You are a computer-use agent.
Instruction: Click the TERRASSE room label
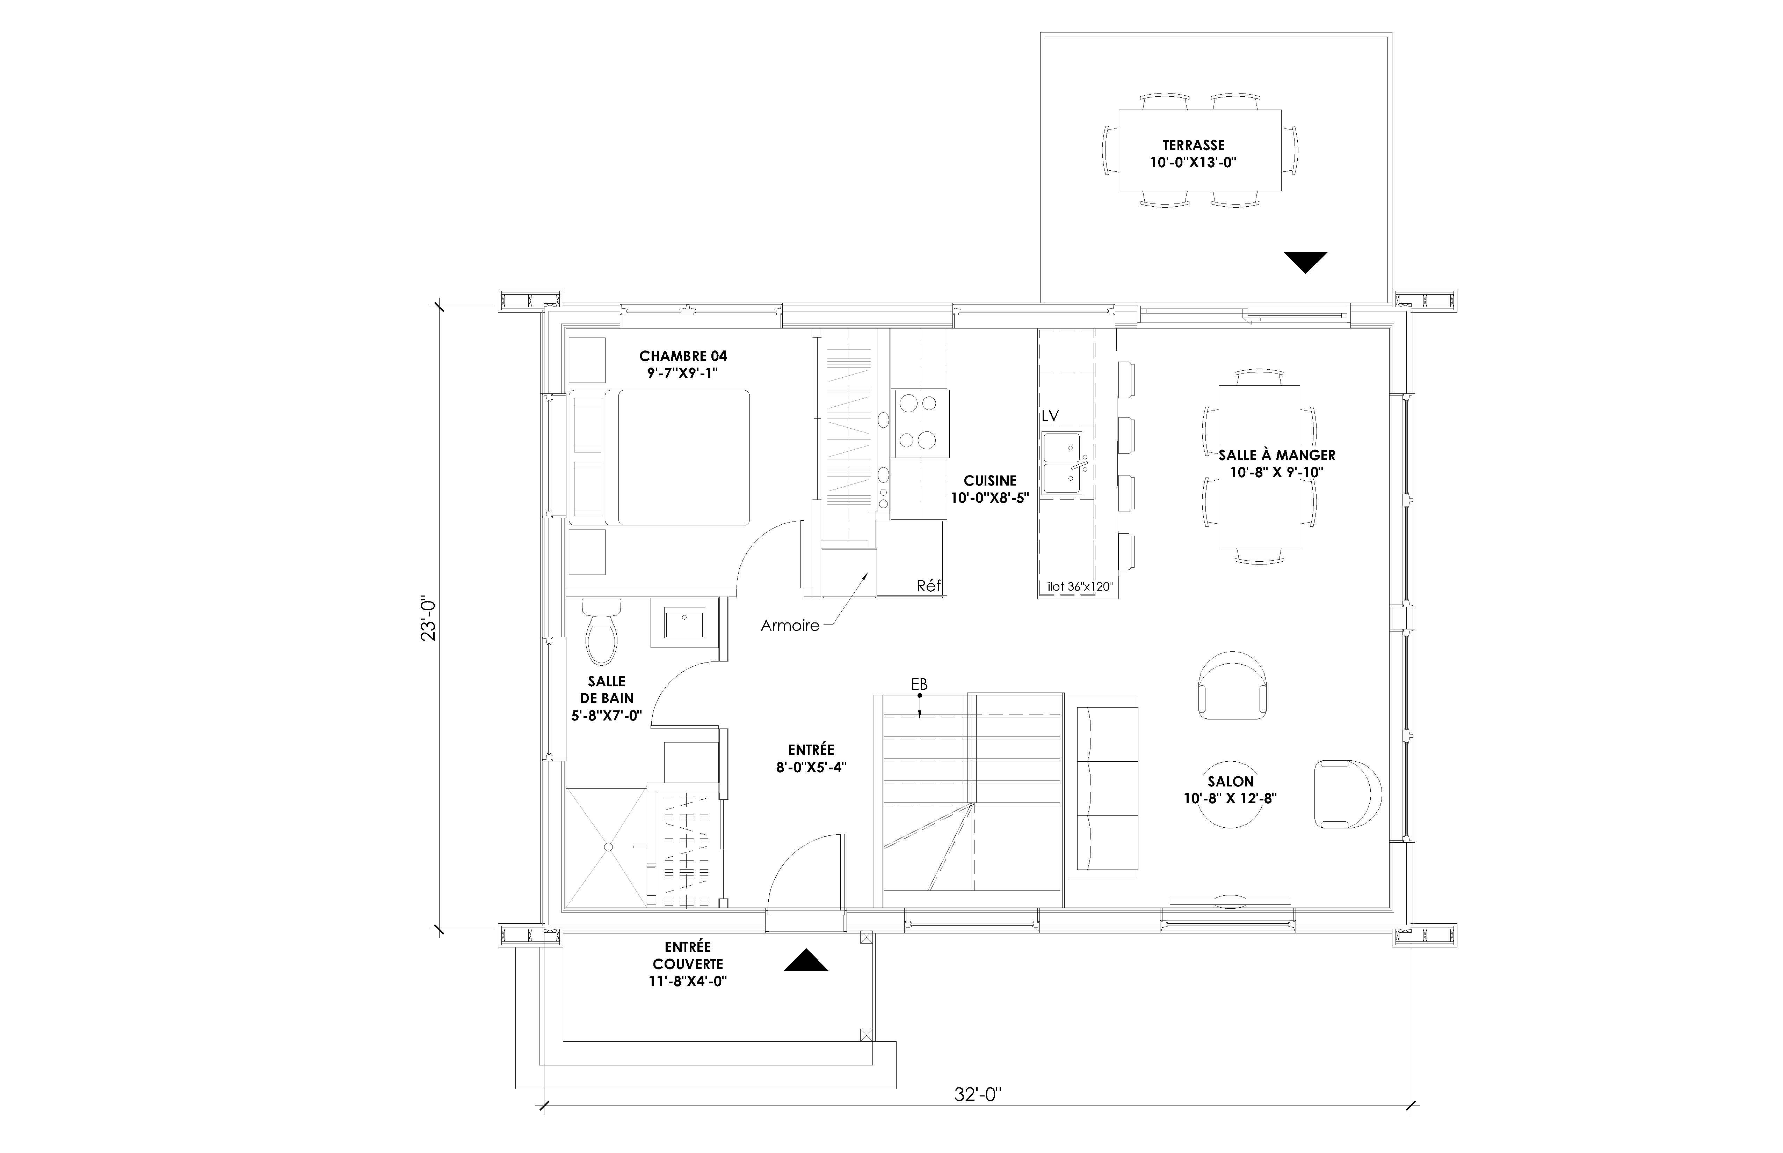click(1194, 145)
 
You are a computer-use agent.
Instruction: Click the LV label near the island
click(1050, 415)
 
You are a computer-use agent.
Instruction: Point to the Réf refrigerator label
click(929, 586)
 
